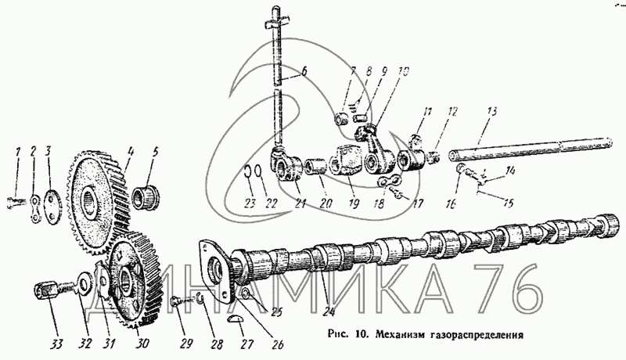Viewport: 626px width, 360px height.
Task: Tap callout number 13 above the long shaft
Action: point(491,112)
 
